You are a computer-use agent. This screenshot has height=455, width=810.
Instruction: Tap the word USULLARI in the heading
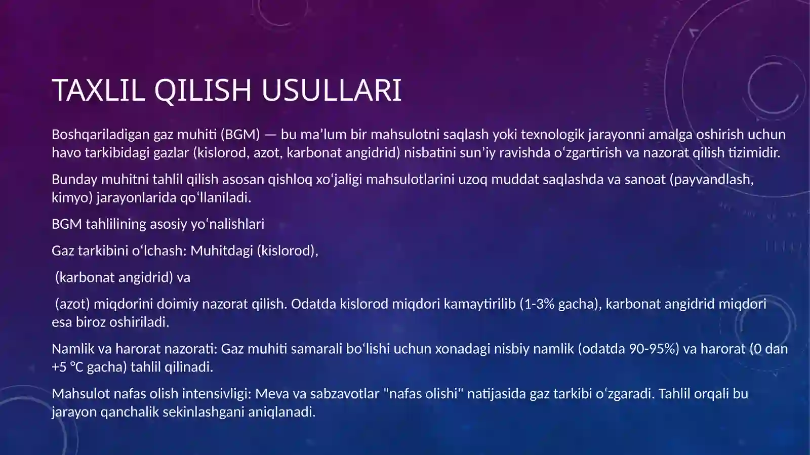pyautogui.click(x=331, y=90)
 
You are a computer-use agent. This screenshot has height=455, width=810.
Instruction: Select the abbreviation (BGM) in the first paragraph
pyautogui.click(x=240, y=134)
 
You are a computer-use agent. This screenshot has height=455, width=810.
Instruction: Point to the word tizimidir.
pyautogui.click(x=754, y=152)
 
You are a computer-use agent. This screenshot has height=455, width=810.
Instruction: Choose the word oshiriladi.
pyautogui.click(x=139, y=322)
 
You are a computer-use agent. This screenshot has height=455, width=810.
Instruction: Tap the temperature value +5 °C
pyautogui.click(x=67, y=367)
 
